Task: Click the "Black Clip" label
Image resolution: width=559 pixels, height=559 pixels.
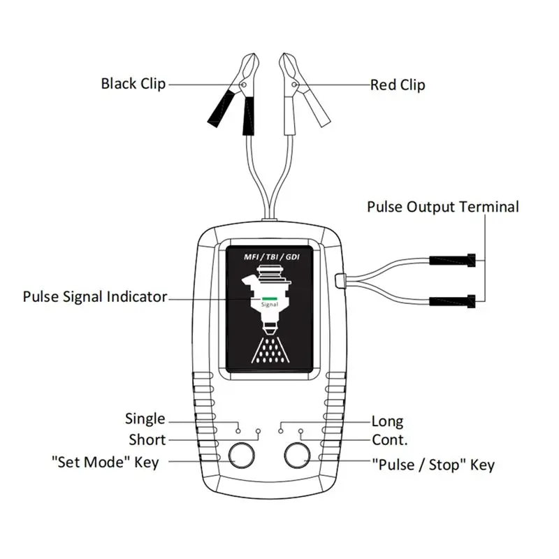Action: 133,84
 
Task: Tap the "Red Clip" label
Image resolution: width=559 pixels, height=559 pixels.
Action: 397,85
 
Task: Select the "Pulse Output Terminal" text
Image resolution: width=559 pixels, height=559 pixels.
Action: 443,207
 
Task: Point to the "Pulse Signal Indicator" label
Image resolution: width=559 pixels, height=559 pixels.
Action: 95,297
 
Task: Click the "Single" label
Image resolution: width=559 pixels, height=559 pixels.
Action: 145,419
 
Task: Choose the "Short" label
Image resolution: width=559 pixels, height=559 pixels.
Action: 147,440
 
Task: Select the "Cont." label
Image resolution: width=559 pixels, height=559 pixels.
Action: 390,440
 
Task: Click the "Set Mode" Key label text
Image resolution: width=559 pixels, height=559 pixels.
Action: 106,462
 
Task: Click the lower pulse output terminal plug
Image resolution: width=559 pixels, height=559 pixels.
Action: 453,301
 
